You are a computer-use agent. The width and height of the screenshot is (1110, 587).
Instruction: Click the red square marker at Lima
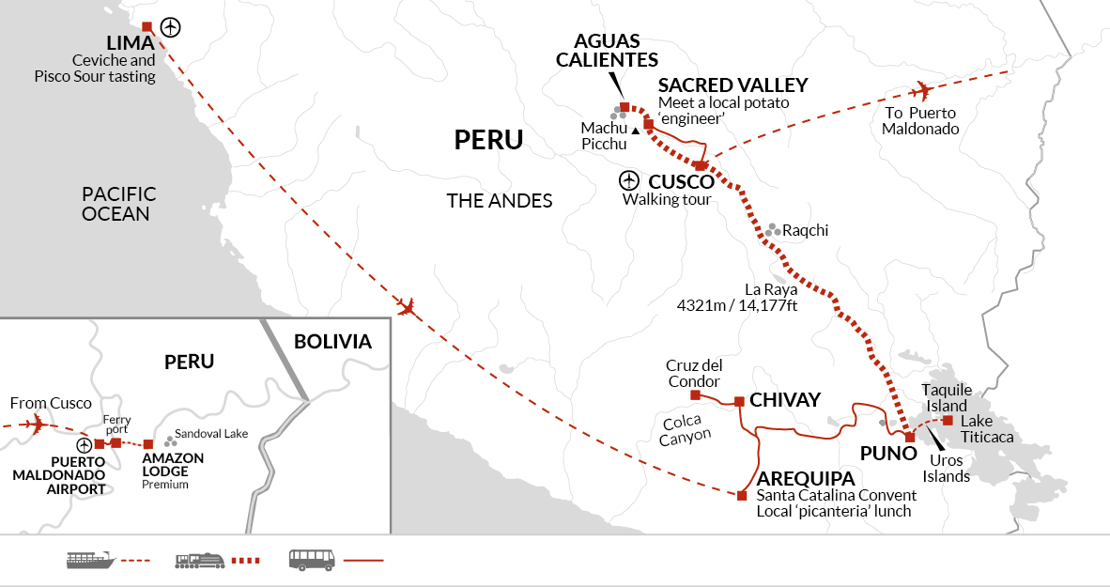pyautogui.click(x=147, y=27)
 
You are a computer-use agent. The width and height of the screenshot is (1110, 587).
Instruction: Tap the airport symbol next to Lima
pyautogui.click(x=171, y=27)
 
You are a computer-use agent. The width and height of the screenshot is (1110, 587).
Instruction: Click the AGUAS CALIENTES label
pyautogui.click(x=608, y=51)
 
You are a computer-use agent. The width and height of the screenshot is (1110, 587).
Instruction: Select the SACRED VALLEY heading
pyautogui.click(x=732, y=85)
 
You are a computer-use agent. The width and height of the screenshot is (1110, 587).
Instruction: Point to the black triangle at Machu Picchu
pyautogui.click(x=636, y=131)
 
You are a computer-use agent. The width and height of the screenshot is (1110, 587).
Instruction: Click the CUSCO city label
pyautogui.click(x=681, y=182)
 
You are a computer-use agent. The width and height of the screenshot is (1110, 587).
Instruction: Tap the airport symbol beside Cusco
pyautogui.click(x=628, y=180)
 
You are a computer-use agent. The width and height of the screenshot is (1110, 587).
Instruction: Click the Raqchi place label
pyautogui.click(x=805, y=231)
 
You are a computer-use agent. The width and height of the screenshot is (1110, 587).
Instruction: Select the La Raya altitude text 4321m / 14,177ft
pyautogui.click(x=737, y=306)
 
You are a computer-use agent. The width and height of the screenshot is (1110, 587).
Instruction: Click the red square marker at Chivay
pyautogui.click(x=739, y=401)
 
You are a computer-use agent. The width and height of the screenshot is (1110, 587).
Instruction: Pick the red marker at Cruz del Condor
pyautogui.click(x=695, y=395)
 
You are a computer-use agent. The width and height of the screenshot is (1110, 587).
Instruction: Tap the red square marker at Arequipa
pyautogui.click(x=742, y=496)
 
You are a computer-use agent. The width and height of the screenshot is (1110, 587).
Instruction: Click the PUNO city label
pyautogui.click(x=888, y=454)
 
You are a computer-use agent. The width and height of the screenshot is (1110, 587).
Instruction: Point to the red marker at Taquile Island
pyautogui.click(x=948, y=421)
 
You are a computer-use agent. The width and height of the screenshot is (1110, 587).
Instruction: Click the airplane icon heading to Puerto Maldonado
pyautogui.click(x=921, y=90)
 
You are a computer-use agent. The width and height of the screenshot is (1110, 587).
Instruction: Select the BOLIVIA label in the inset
pyautogui.click(x=332, y=342)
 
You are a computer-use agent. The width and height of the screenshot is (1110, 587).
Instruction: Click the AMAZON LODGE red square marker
pyautogui.click(x=148, y=444)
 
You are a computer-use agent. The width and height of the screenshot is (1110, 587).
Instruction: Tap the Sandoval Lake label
pyautogui.click(x=211, y=433)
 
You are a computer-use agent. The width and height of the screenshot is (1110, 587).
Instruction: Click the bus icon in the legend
pyautogui.click(x=312, y=560)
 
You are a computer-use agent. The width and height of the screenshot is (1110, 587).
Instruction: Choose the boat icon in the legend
pyautogui.click(x=90, y=560)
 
